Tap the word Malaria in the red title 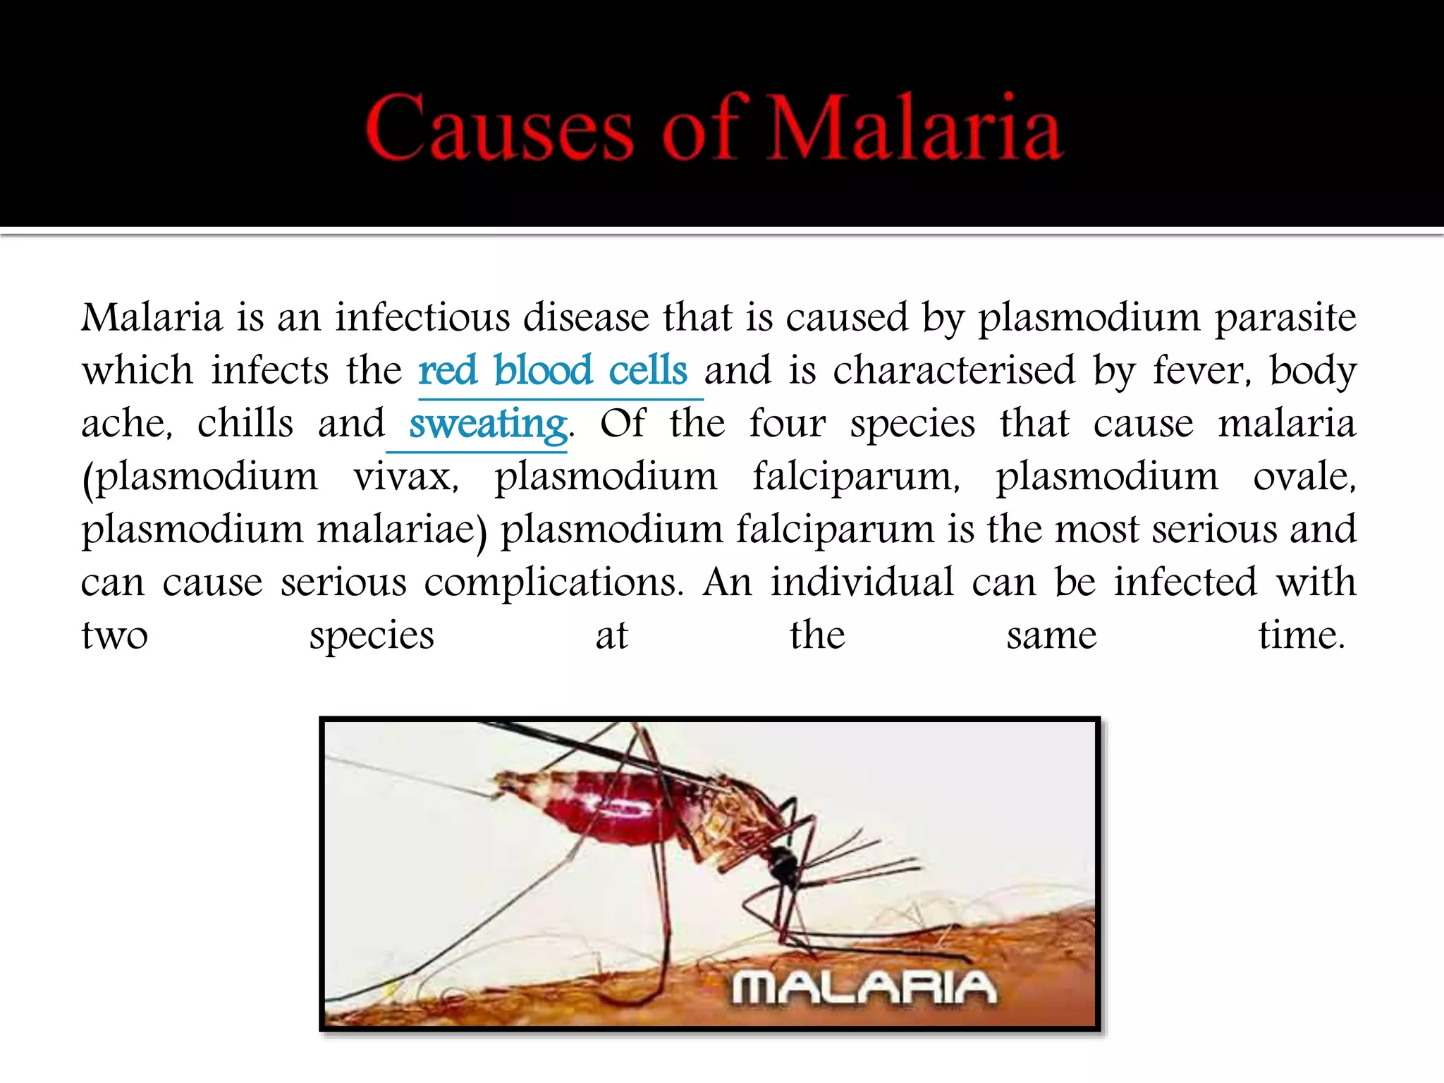click(x=914, y=127)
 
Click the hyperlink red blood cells click(x=553, y=370)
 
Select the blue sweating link click(x=488, y=424)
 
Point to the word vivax click(x=405, y=477)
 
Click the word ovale click(x=1304, y=477)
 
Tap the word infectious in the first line click(x=422, y=317)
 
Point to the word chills click(x=245, y=424)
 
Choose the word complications click(x=553, y=583)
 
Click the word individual click(x=862, y=582)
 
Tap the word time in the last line click(x=1302, y=635)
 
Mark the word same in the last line click(x=1051, y=637)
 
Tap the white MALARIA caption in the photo click(x=864, y=987)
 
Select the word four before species click(x=787, y=424)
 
